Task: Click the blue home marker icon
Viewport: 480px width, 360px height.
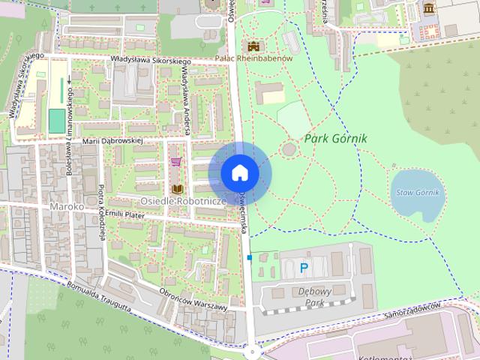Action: [x=240, y=173]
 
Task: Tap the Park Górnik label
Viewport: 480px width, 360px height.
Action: [x=336, y=139]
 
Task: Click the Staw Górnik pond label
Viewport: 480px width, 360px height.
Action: [x=417, y=193]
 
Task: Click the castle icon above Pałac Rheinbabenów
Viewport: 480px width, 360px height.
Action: [x=253, y=46]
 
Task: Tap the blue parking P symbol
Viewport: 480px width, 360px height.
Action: [x=304, y=267]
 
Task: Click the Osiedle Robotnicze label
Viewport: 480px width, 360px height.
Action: [x=184, y=202]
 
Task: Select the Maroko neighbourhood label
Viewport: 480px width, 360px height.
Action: [x=65, y=206]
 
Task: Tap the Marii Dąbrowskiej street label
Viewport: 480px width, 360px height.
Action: [x=112, y=140]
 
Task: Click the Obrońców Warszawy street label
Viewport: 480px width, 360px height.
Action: [x=193, y=299]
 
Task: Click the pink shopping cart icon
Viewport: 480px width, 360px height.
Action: [x=176, y=161]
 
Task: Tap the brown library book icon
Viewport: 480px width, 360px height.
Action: [x=178, y=188]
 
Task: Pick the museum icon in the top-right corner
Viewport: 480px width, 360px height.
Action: [x=429, y=9]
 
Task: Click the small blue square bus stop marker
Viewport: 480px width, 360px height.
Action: [x=249, y=258]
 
